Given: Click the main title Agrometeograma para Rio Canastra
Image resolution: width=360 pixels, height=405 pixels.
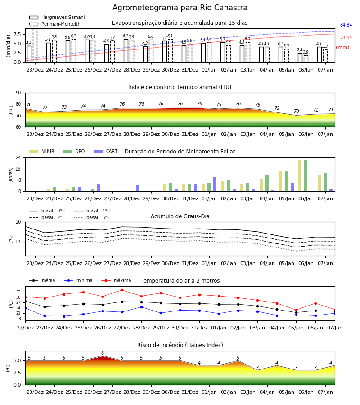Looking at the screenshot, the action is (x=180, y=8).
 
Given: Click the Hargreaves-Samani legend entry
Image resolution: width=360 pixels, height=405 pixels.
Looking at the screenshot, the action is (x=57, y=17).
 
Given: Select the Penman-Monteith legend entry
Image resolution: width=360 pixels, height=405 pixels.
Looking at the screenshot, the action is (x=55, y=24).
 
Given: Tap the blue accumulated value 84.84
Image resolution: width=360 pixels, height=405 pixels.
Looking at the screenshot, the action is (x=346, y=25).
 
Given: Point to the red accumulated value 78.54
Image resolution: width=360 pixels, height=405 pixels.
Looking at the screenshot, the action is (x=346, y=37).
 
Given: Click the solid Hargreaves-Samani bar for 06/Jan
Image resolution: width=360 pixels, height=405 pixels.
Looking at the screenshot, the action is (x=300, y=58).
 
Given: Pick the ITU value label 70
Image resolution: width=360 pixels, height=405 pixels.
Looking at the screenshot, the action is (x=296, y=111).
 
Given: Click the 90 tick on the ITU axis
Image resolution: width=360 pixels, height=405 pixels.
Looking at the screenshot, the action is (x=18, y=93).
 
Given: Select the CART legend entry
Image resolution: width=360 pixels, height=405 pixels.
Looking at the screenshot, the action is (x=105, y=151).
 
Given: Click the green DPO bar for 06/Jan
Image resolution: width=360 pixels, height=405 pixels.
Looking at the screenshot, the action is (x=306, y=176).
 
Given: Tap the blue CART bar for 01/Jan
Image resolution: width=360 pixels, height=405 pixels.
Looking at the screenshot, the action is (x=215, y=184).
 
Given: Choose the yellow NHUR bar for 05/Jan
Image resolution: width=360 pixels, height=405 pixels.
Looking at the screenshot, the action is (x=280, y=182).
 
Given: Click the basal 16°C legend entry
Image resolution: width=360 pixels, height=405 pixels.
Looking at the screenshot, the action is (x=92, y=217).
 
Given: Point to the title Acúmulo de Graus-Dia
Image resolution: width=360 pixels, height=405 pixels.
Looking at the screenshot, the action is (x=180, y=216).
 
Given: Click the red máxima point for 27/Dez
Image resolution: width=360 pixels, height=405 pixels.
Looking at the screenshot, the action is (x=122, y=290).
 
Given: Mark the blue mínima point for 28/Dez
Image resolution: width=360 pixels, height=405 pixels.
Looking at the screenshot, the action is (x=141, y=307).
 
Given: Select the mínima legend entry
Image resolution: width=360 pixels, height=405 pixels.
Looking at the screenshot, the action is (x=78, y=280).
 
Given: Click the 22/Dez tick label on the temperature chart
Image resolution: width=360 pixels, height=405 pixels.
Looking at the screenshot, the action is (x=25, y=328).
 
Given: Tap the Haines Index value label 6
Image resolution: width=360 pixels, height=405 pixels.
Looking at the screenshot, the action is (x=103, y=353).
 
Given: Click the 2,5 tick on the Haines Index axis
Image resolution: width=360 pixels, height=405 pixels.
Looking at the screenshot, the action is (x=17, y=373).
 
